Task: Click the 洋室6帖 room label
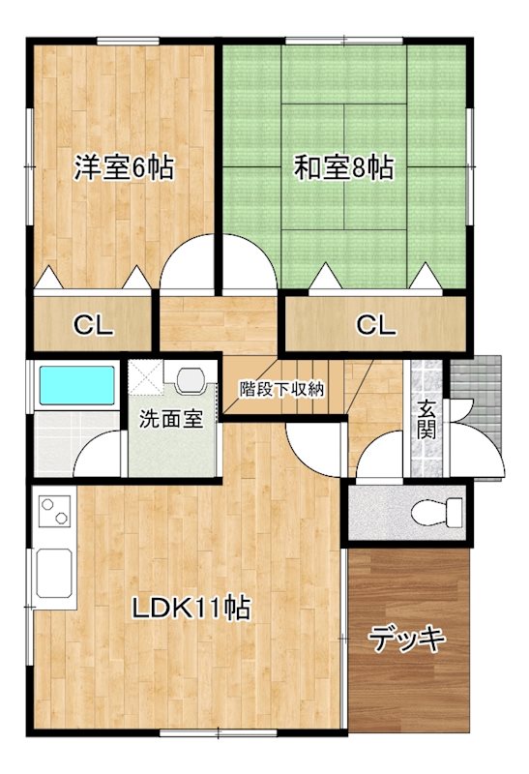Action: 124,167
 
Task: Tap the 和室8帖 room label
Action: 344,167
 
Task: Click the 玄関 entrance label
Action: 426,419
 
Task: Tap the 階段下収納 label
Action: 281,389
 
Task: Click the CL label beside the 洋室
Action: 94,325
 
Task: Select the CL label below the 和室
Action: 376,325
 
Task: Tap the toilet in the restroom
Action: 425,512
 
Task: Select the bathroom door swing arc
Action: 100,453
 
